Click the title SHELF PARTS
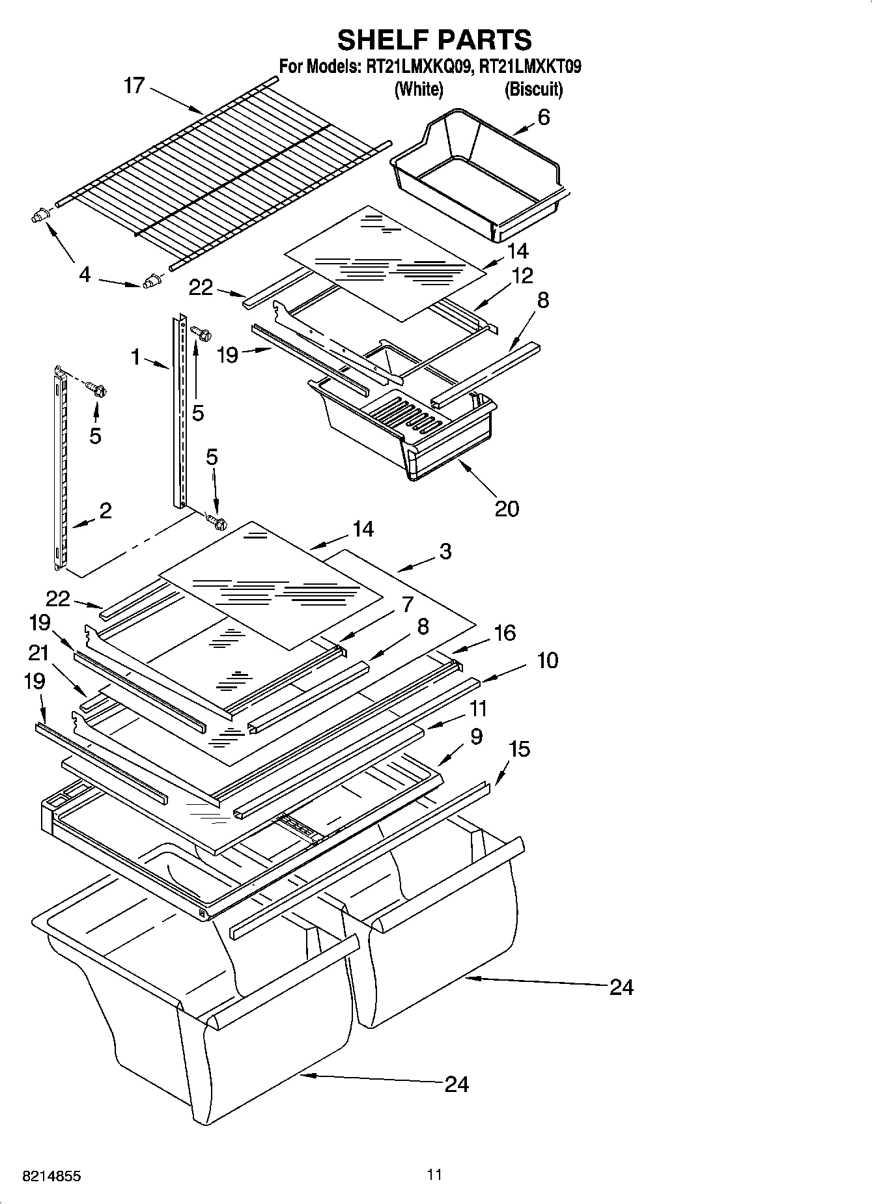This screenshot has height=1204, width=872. pyautogui.click(x=434, y=40)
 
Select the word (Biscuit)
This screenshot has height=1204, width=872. pyautogui.click(x=533, y=89)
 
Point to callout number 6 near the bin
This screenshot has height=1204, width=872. pyautogui.click(x=543, y=117)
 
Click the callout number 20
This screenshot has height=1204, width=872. pyautogui.click(x=507, y=508)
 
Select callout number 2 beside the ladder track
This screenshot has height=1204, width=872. pyautogui.click(x=105, y=510)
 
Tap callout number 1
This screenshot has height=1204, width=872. pyautogui.click(x=135, y=356)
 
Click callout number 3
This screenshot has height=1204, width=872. pyautogui.click(x=445, y=552)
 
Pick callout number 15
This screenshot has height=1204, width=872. pyautogui.click(x=519, y=749)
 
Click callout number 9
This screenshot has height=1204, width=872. pyautogui.click(x=476, y=736)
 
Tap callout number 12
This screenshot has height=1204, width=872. pyautogui.click(x=522, y=275)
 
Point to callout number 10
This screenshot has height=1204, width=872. pyautogui.click(x=548, y=660)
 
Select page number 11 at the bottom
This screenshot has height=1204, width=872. pyautogui.click(x=434, y=1175)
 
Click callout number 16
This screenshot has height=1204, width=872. pyautogui.click(x=505, y=632)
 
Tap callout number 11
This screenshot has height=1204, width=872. pyautogui.click(x=478, y=708)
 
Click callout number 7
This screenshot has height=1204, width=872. pyautogui.click(x=408, y=604)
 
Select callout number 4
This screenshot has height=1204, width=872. pyautogui.click(x=85, y=275)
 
